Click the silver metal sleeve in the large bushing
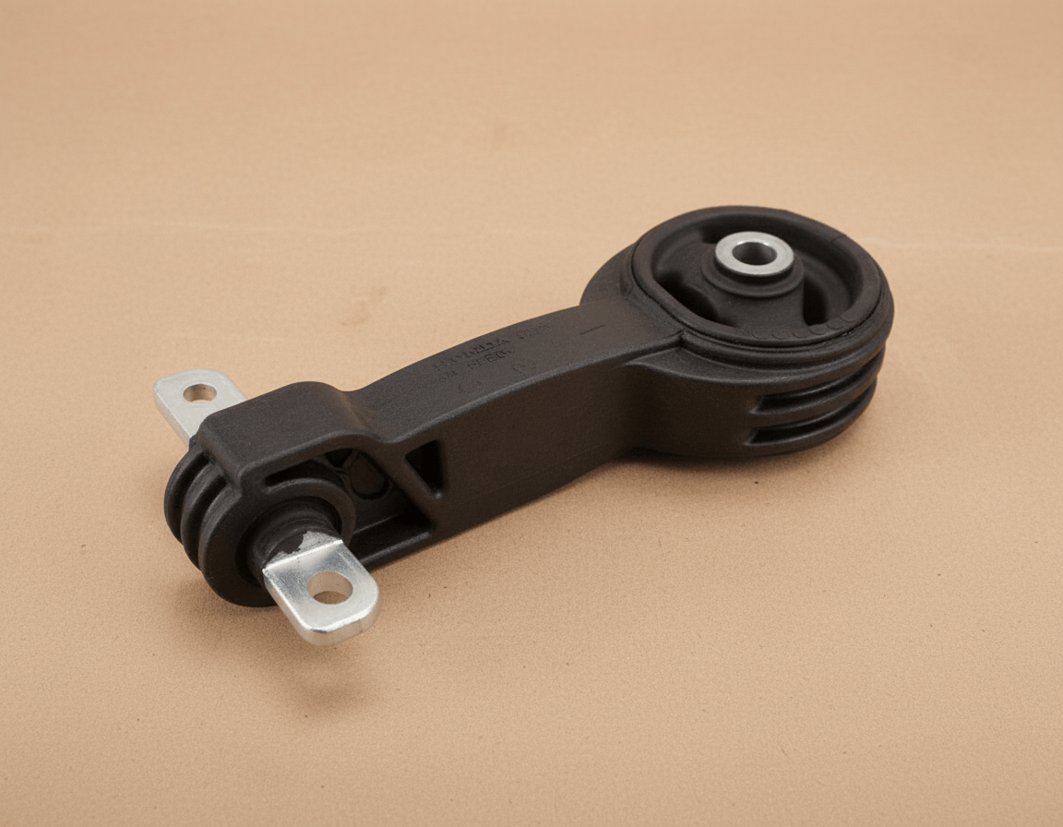[x=754, y=252]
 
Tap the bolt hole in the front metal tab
[x=330, y=588]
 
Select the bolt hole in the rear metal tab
[x=199, y=392]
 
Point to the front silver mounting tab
[x=323, y=591]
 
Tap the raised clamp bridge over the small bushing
[x=277, y=425]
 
